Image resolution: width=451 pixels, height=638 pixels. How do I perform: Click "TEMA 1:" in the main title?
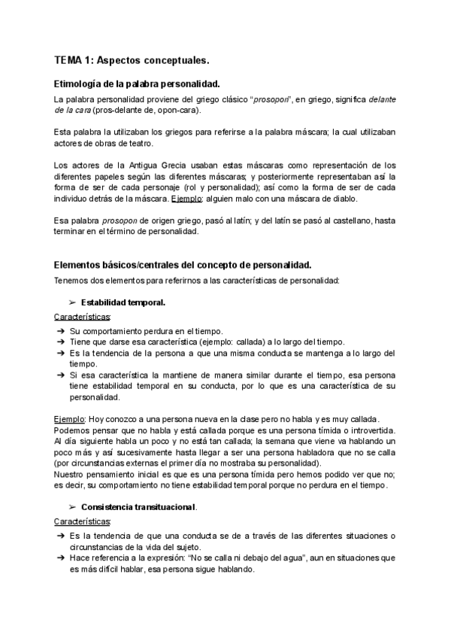coord(71,59)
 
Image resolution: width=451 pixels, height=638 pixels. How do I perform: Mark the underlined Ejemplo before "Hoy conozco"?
coord(68,418)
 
